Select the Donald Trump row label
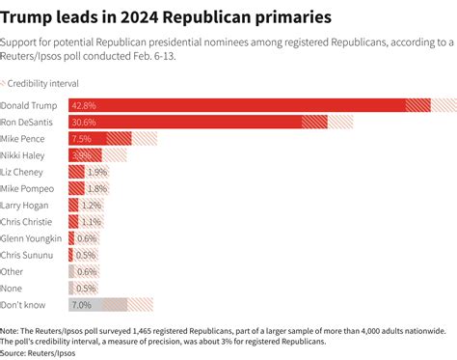click(x=29, y=104)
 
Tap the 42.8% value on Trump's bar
click(x=84, y=104)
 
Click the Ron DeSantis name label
click(x=28, y=122)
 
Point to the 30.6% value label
click(x=84, y=122)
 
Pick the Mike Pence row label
click(x=24, y=138)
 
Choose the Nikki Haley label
click(x=24, y=154)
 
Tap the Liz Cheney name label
click(x=23, y=171)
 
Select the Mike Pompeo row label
click(x=27, y=188)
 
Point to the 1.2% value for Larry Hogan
click(x=92, y=205)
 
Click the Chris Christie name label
click(x=28, y=221)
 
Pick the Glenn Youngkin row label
click(x=31, y=238)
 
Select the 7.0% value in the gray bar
click(x=81, y=305)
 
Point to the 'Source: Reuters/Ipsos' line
click(x=39, y=351)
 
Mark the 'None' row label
click(x=13, y=288)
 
